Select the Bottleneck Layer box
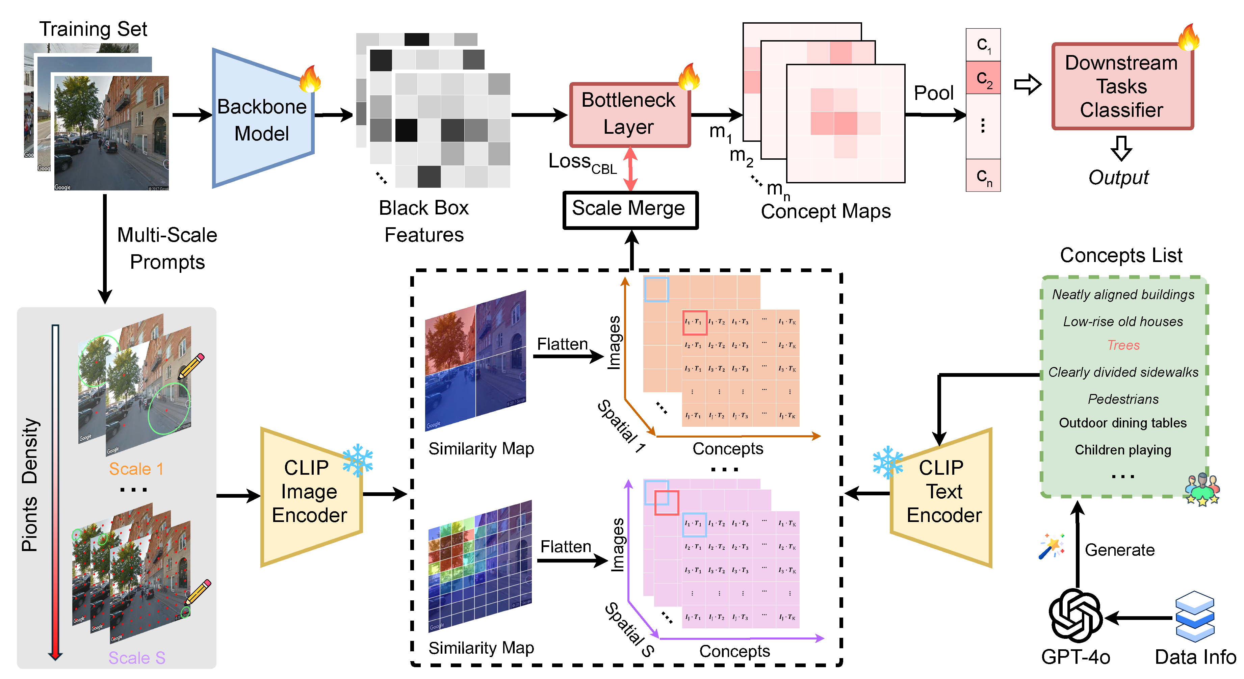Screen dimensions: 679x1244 [629, 114]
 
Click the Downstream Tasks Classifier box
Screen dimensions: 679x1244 [1121, 86]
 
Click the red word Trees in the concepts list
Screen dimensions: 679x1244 [1123, 345]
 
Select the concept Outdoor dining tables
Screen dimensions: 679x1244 [1123, 423]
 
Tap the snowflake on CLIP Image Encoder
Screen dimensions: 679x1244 [358, 460]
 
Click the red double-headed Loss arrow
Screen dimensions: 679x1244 [630, 169]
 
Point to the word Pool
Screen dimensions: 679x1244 [933, 93]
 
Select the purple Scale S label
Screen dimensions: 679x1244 [137, 658]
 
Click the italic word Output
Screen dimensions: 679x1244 [1118, 178]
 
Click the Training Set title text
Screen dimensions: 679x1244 [93, 29]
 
